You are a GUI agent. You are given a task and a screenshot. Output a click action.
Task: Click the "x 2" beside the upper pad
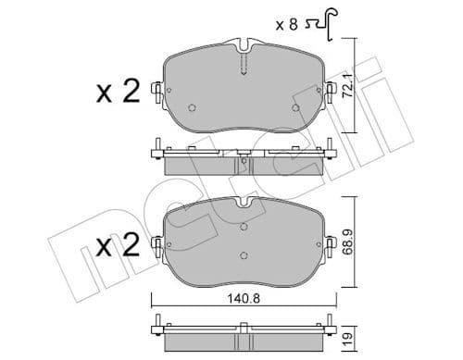117,92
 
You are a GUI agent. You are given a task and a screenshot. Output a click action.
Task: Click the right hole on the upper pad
294,106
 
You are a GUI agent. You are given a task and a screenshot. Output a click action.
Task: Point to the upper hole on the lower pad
242,226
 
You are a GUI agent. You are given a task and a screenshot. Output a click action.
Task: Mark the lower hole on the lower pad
242,256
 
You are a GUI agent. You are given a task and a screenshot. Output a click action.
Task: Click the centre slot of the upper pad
243,63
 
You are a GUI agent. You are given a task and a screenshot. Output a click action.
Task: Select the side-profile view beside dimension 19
243,332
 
